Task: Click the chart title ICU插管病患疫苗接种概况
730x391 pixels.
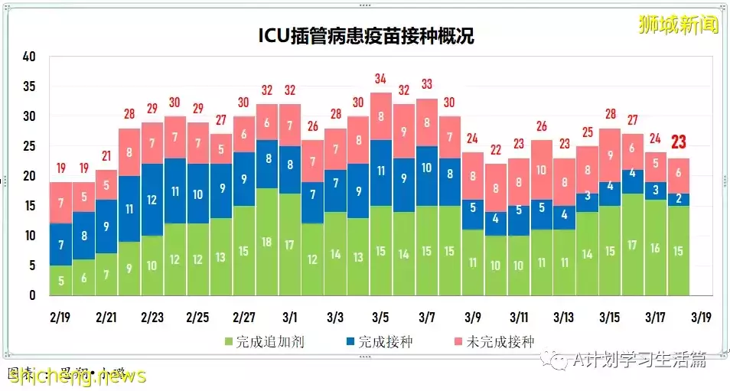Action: [366, 36]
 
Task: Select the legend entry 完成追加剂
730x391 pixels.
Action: [264, 342]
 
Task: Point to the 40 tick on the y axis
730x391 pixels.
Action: [30, 57]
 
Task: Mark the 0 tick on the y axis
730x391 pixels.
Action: [33, 295]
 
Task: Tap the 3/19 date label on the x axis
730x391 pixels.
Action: [700, 317]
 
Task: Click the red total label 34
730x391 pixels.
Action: [381, 79]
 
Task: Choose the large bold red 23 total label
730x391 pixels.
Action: [679, 142]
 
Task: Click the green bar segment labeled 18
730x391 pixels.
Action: [267, 242]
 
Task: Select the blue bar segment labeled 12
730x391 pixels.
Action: [152, 200]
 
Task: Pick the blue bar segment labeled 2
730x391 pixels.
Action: [679, 199]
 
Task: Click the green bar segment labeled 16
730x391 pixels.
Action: [656, 248]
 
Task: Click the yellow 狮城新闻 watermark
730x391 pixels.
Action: [679, 24]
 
